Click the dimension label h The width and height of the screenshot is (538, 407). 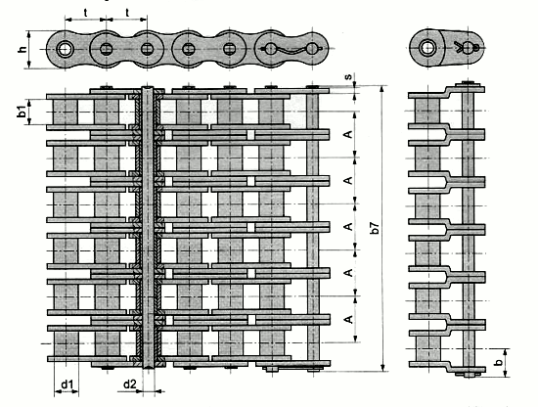coord(22,49)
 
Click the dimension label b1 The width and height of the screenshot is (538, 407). coord(22,112)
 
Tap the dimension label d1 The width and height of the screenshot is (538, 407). coord(67,384)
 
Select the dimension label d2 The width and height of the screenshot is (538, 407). coord(129,384)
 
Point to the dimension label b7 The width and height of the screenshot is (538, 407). coord(376,228)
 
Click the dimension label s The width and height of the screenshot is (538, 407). coord(348,76)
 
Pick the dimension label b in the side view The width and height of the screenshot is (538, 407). coord(499,361)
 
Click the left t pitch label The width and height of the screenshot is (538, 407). coord(85,13)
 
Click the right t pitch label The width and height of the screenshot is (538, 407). coord(127,13)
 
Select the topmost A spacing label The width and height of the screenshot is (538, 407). coord(348,134)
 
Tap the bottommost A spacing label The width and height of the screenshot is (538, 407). coord(348,319)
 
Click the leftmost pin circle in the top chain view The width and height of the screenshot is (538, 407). coord(65,50)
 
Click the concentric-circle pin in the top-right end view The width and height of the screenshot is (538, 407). coord(427,47)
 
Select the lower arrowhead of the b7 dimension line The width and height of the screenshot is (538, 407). coord(382,367)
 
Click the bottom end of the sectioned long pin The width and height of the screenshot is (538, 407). coord(149,367)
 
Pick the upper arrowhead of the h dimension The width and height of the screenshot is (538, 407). coord(28,34)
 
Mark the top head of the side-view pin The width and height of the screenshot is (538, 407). coord(469,84)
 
